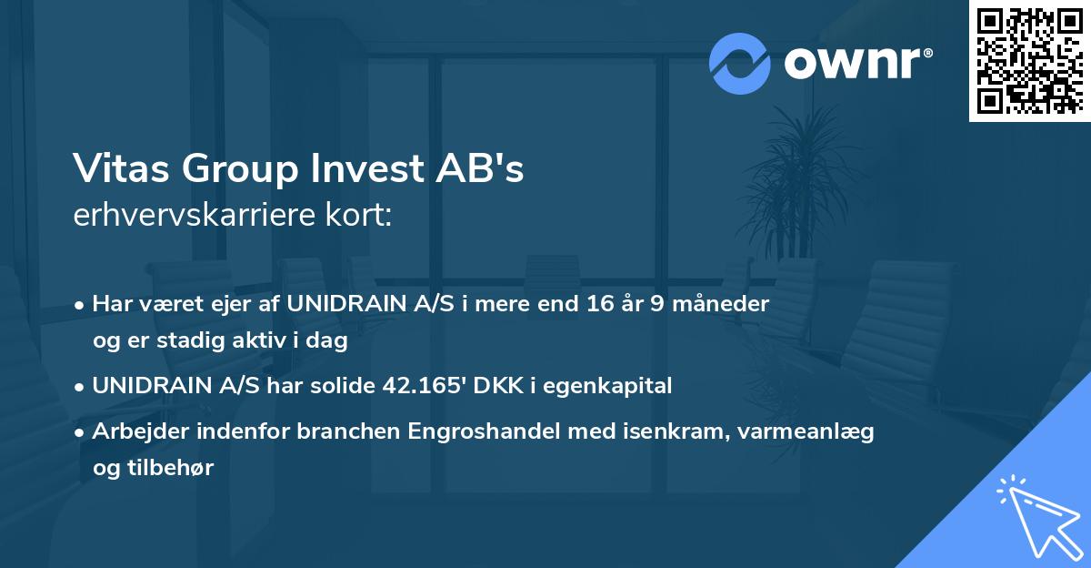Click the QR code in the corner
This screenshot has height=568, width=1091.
tap(1029, 61)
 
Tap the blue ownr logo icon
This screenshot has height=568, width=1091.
tap(739, 64)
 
